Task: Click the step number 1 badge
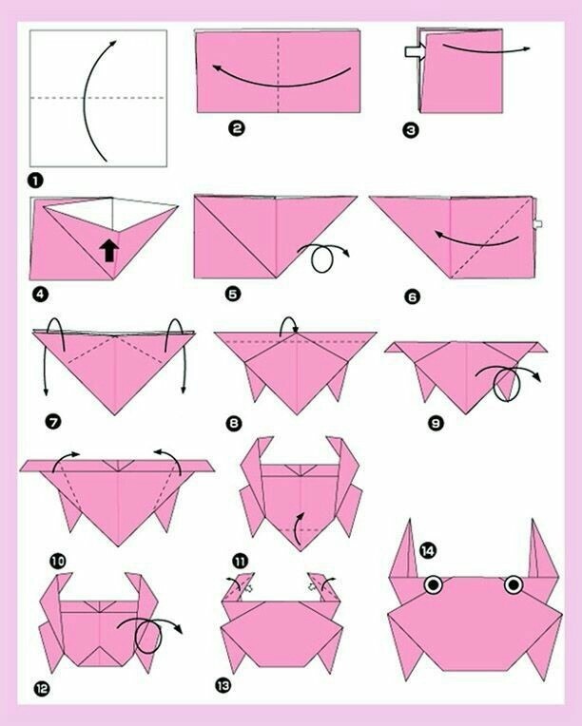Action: [35, 181]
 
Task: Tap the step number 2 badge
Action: [237, 127]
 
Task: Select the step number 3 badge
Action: [410, 130]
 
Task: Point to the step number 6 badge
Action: [413, 296]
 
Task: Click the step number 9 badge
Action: [436, 423]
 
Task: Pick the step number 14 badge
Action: [428, 550]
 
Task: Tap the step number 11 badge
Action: [240, 562]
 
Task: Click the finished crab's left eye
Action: [433, 584]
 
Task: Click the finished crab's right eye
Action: [514, 584]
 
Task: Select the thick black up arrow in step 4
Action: [109, 251]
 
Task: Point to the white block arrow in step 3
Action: [415, 51]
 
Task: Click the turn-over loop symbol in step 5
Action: [324, 257]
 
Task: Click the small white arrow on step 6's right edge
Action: [537, 224]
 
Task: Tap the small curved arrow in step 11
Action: [299, 527]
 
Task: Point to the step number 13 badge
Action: [223, 685]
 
